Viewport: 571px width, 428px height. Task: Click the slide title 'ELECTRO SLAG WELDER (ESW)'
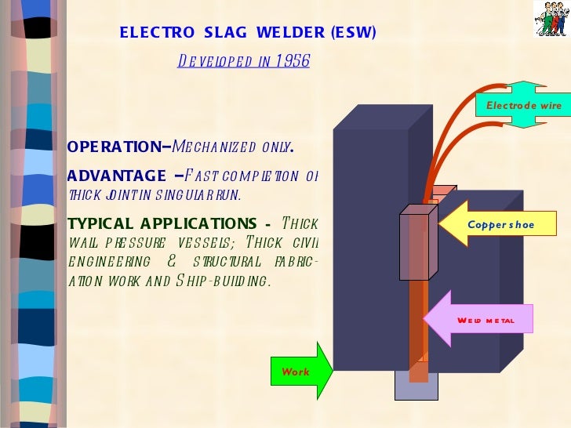[x=248, y=33]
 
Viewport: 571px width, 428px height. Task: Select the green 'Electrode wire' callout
[x=523, y=105]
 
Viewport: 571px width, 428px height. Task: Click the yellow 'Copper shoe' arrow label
[x=500, y=225]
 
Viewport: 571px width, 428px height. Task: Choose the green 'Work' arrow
[x=301, y=372]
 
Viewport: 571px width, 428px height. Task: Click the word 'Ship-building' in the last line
[x=232, y=281]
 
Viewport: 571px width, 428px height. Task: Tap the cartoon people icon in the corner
[x=551, y=19]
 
